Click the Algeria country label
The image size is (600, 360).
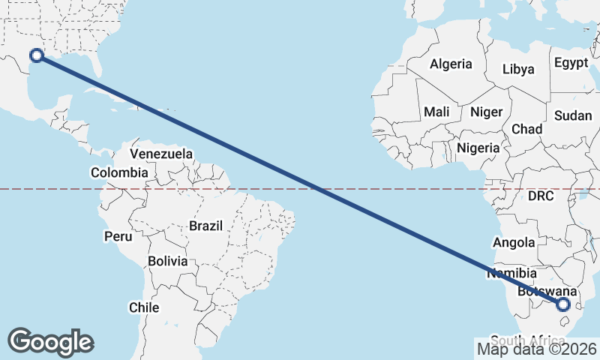451,64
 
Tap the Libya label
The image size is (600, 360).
518,69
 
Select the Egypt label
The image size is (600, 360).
571,63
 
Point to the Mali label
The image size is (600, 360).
436,112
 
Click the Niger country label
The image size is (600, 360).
486,112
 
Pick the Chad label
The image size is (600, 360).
526,129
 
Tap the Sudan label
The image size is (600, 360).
573,115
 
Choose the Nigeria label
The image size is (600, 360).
478,148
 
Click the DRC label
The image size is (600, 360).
540,196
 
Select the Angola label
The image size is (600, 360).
514,242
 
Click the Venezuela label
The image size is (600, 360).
161,154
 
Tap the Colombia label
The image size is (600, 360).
119,172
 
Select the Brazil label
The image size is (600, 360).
205,225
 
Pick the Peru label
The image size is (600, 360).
118,236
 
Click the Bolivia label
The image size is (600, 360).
166,261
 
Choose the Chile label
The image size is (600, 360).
144,307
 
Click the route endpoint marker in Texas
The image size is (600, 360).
35,55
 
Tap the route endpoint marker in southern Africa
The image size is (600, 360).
563,304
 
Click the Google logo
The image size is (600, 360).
50,342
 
